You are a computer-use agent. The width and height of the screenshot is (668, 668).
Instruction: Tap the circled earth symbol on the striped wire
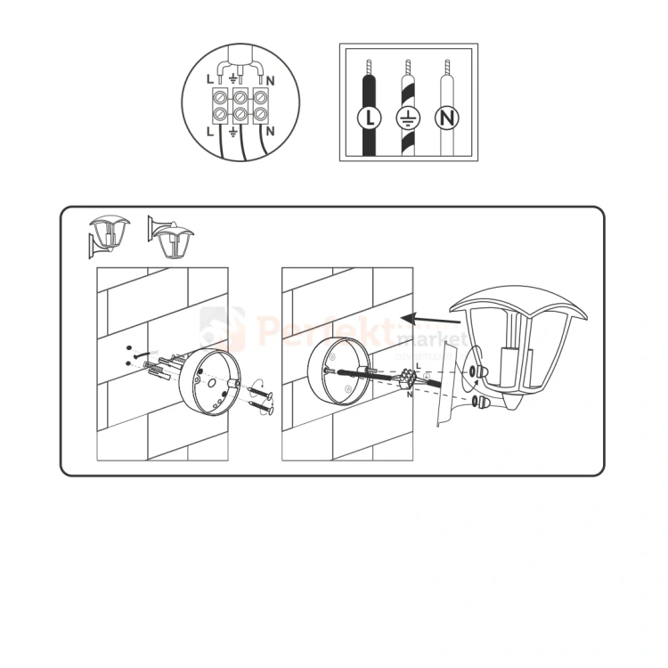click(406, 116)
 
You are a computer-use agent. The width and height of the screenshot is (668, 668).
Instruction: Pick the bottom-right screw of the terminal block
click(260, 114)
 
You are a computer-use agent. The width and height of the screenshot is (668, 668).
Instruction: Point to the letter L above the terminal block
click(211, 79)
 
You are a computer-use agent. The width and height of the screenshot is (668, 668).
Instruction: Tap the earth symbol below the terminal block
click(233, 132)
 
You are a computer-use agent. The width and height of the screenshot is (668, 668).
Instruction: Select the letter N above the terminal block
click(269, 79)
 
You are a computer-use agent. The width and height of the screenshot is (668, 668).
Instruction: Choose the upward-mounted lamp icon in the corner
click(109, 234)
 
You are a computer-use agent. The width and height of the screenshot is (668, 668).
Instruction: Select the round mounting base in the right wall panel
click(332, 373)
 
